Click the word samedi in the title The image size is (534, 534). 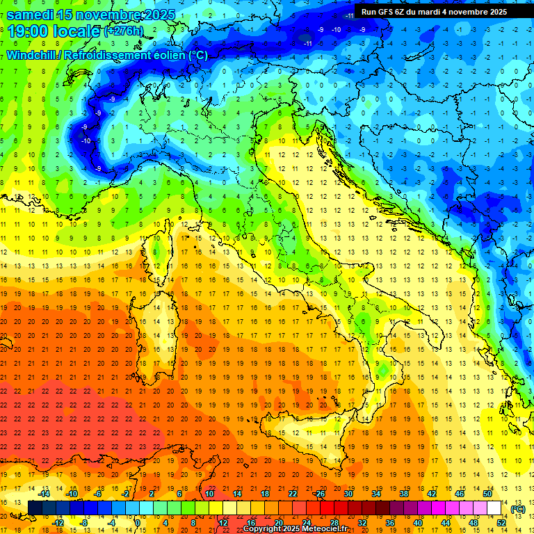tap(31, 14)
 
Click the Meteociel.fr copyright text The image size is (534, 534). tap(299, 529)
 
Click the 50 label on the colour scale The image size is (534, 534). tap(487, 494)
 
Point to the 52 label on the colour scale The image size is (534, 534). tap(501, 523)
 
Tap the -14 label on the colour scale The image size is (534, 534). tap(44, 494)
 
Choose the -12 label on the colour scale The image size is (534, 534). tap(58, 523)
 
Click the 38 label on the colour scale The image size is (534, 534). tap(403, 494)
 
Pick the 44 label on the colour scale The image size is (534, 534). tap(446, 523)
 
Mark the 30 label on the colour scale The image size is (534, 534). tap(348, 494)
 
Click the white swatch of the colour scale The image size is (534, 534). tap(494, 508)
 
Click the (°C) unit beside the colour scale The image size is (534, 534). tap(519, 509)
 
